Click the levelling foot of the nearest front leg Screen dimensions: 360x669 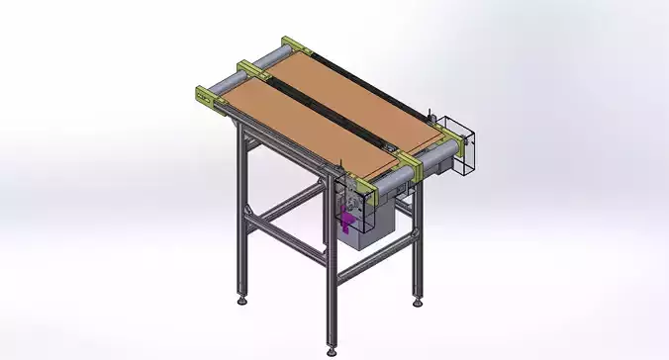[331, 347]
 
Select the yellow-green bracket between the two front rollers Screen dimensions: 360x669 [410, 162]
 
